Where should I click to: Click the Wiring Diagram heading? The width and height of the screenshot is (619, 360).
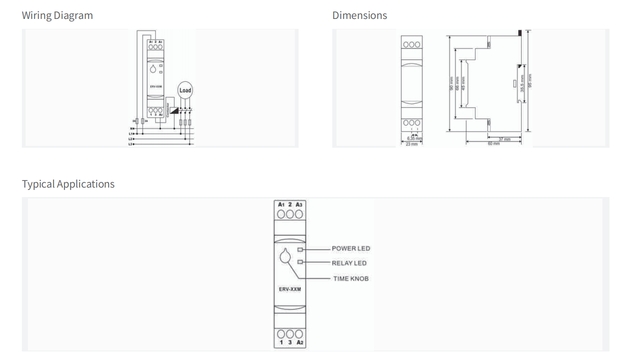click(x=57, y=16)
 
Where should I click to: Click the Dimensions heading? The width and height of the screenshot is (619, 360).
click(x=359, y=16)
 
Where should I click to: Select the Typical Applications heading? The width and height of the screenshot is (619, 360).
click(x=68, y=184)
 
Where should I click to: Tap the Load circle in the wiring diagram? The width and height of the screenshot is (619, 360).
click(x=185, y=90)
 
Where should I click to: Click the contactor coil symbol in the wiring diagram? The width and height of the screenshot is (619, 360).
click(x=173, y=110)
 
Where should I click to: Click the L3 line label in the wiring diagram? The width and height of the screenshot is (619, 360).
click(x=130, y=144)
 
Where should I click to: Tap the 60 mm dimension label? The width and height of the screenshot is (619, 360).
click(x=493, y=144)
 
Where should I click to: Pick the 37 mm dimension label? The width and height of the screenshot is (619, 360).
click(x=504, y=139)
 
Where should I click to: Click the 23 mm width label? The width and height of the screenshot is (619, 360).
click(x=411, y=144)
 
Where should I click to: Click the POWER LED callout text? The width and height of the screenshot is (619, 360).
click(x=351, y=248)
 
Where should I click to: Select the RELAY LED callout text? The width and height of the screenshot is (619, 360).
click(x=349, y=263)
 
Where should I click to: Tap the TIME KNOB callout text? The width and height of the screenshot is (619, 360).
click(x=351, y=279)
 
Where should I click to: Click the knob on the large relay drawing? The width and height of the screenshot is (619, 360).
click(x=284, y=256)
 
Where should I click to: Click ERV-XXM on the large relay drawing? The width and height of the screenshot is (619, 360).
click(x=290, y=289)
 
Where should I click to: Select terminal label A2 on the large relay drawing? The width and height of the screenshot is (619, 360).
click(x=299, y=342)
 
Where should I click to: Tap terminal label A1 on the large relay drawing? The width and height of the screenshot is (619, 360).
click(x=281, y=204)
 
